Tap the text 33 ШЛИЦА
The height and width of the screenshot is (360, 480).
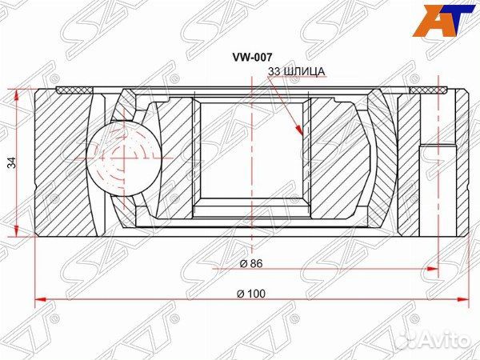(x=296, y=72)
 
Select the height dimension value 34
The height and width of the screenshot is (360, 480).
(x=11, y=163)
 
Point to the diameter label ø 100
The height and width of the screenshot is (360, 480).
(x=251, y=294)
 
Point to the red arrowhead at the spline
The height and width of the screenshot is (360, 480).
(x=300, y=129)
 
